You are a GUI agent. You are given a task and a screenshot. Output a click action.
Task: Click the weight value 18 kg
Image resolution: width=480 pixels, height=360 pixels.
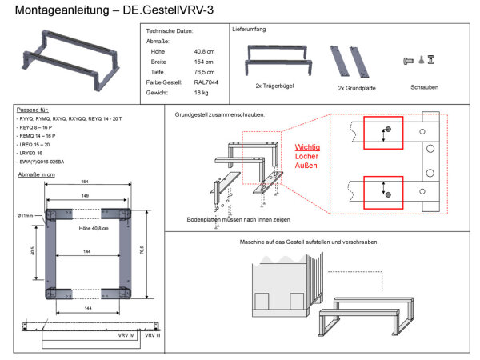tap(202, 93)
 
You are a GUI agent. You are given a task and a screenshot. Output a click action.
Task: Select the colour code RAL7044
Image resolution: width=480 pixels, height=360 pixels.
tap(206, 82)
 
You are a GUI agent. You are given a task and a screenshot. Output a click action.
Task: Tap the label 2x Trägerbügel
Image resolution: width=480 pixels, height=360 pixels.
tap(271, 86)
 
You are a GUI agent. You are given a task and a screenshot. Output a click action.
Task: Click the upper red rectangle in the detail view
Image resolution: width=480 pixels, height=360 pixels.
tap(386, 131)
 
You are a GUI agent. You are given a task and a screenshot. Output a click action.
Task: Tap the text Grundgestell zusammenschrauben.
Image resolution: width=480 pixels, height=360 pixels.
tap(219, 114)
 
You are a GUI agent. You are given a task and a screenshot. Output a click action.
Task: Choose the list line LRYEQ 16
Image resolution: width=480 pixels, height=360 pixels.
tap(34, 153)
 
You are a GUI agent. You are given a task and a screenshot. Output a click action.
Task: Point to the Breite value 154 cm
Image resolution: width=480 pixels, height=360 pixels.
tap(205, 61)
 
